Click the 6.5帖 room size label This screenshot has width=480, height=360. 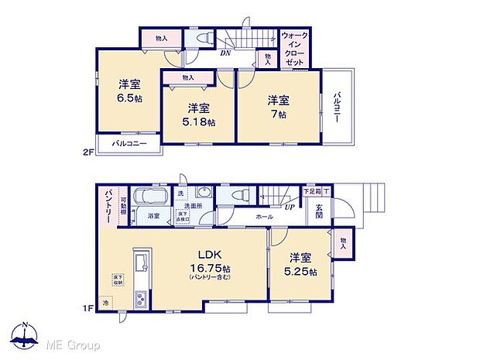click(x=129, y=92)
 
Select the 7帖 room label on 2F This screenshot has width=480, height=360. click(x=278, y=106)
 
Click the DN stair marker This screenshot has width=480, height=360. click(x=225, y=53)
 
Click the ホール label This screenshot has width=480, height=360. click(x=263, y=218)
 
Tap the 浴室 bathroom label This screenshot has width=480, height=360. click(x=155, y=217)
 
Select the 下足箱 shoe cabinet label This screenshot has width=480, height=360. click(x=310, y=190)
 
